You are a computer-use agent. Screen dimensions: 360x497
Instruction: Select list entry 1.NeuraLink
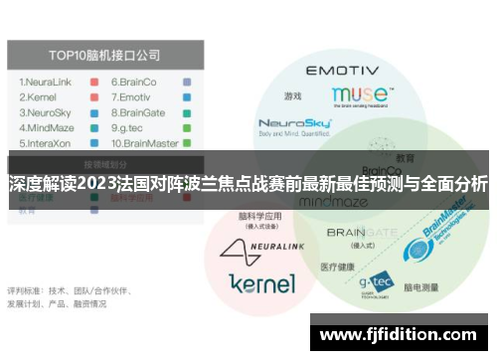47,82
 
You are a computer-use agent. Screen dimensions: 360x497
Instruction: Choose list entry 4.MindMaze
47,127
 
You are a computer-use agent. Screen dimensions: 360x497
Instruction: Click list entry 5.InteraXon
46,142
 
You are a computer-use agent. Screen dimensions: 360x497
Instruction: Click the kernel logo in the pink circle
261,283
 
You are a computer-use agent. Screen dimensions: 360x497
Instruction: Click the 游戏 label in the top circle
292,96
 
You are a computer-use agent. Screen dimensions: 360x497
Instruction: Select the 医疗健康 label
337,269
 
